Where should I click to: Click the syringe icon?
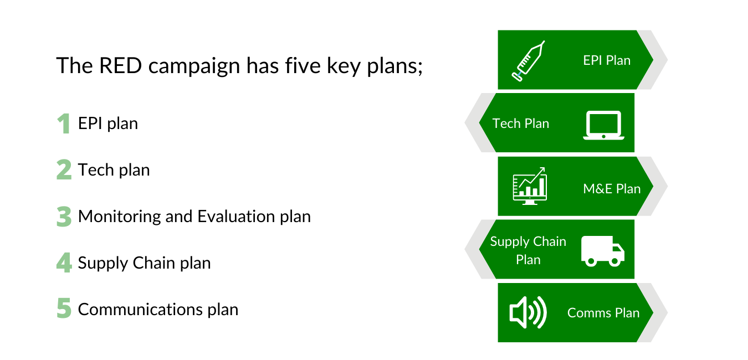tap(529, 61)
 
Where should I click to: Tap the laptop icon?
tap(604, 125)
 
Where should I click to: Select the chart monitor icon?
tap(530, 186)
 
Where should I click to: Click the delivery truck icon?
tap(603, 251)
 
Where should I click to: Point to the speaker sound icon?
tap(528, 312)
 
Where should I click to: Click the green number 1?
tap(64, 124)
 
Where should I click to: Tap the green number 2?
tap(64, 170)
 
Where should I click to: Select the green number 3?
tap(64, 217)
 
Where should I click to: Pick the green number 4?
tap(64, 263)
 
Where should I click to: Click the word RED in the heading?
tap(121, 65)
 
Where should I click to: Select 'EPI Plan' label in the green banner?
tap(607, 60)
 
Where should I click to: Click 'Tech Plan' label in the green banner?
tap(521, 124)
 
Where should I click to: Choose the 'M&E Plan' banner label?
tap(612, 189)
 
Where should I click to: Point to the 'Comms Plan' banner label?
tap(603, 313)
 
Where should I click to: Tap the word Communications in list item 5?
tap(140, 309)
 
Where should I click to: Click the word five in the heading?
tap(303, 65)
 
